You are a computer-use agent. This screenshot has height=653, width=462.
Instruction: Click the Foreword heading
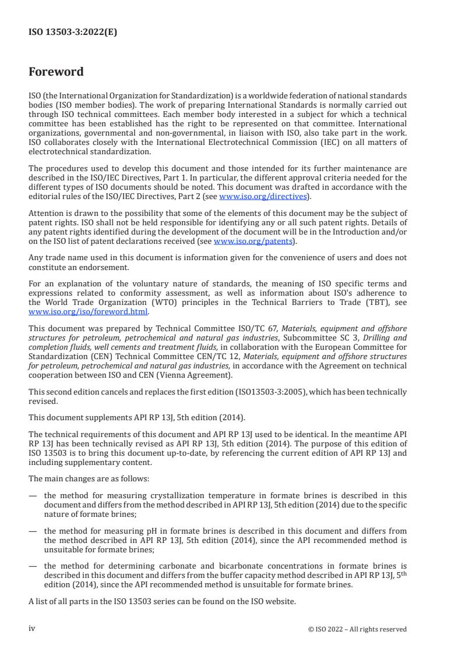[56, 72]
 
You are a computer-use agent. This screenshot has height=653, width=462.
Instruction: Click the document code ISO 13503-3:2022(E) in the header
[73, 33]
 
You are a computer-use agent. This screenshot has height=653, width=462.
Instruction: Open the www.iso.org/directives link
[263, 197]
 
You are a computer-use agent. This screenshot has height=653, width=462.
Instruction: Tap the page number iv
[32, 628]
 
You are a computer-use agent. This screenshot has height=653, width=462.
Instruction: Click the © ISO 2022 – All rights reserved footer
[357, 629]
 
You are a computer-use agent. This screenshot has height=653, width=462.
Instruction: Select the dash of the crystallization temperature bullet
[33, 496]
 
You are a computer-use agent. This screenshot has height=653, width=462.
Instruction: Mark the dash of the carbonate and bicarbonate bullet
[33, 565]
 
